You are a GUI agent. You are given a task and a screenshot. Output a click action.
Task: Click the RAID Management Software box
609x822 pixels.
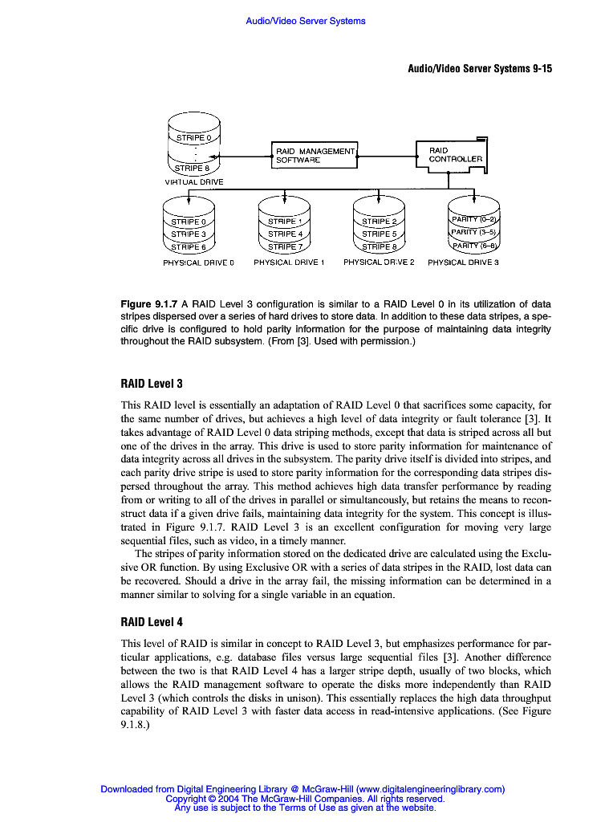[315, 155]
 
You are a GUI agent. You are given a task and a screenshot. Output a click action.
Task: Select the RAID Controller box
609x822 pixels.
[454, 154]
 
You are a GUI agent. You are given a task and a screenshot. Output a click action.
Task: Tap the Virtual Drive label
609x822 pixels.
[193, 182]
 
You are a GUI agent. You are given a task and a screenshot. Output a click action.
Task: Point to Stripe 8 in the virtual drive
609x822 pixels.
[193, 169]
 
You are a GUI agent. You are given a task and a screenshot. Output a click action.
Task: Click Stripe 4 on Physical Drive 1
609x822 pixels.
[285, 234]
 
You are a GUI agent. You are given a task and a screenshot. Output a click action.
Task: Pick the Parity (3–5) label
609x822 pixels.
[473, 232]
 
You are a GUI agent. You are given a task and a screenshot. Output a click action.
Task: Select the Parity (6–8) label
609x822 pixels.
[473, 246]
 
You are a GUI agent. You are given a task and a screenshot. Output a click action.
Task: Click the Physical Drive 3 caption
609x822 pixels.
[463, 262]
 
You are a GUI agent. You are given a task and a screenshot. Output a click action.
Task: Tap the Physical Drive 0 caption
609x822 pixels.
[198, 262]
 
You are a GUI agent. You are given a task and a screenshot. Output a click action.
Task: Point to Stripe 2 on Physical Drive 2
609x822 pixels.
[380, 222]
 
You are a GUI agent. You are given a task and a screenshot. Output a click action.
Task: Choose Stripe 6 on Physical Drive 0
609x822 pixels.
[189, 247]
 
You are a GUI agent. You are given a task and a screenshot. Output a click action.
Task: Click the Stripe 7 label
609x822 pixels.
[285, 247]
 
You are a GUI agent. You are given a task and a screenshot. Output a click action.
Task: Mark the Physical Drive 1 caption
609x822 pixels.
[289, 262]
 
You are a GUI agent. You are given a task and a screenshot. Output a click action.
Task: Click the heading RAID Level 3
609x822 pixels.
[152, 385]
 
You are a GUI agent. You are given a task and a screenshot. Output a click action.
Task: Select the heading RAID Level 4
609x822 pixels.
[152, 621]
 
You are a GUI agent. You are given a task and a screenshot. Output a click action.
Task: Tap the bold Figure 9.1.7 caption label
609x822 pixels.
[149, 304]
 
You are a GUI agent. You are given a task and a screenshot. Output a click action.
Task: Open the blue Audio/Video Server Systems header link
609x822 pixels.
[305, 21]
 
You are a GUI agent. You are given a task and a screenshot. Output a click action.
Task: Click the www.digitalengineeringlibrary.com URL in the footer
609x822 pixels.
[429, 789]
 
